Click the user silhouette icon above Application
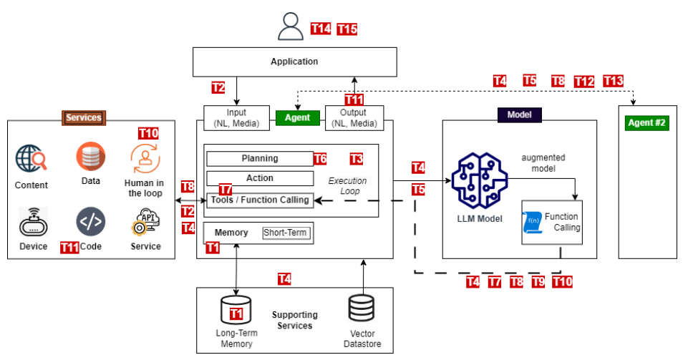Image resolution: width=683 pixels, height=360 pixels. (x=291, y=26)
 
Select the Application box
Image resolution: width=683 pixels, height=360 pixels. (x=295, y=62)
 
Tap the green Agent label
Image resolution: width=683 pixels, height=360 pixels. (x=298, y=117)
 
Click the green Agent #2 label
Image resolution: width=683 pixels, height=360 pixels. (x=647, y=123)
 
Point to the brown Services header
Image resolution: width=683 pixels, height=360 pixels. (x=84, y=117)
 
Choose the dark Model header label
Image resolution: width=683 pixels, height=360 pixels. (x=520, y=115)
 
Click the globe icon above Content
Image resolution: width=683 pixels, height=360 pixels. (x=31, y=158)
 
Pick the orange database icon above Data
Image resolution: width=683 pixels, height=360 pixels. (x=91, y=156)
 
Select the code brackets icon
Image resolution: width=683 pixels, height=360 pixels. (x=91, y=222)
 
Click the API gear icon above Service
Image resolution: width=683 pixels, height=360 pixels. (x=145, y=223)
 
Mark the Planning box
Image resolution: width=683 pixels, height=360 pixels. (x=260, y=158)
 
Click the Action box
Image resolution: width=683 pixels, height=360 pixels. (x=260, y=178)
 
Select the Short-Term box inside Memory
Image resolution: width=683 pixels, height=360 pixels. (x=286, y=233)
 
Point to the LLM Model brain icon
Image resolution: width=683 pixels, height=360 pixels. (x=480, y=180)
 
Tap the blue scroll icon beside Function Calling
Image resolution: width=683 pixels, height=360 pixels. (x=533, y=222)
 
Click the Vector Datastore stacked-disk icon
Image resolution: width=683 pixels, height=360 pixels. (x=362, y=308)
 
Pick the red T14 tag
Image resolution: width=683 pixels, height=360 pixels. (x=321, y=29)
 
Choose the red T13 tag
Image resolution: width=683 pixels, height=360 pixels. (x=614, y=81)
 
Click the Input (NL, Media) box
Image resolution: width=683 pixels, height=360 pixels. (x=236, y=118)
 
